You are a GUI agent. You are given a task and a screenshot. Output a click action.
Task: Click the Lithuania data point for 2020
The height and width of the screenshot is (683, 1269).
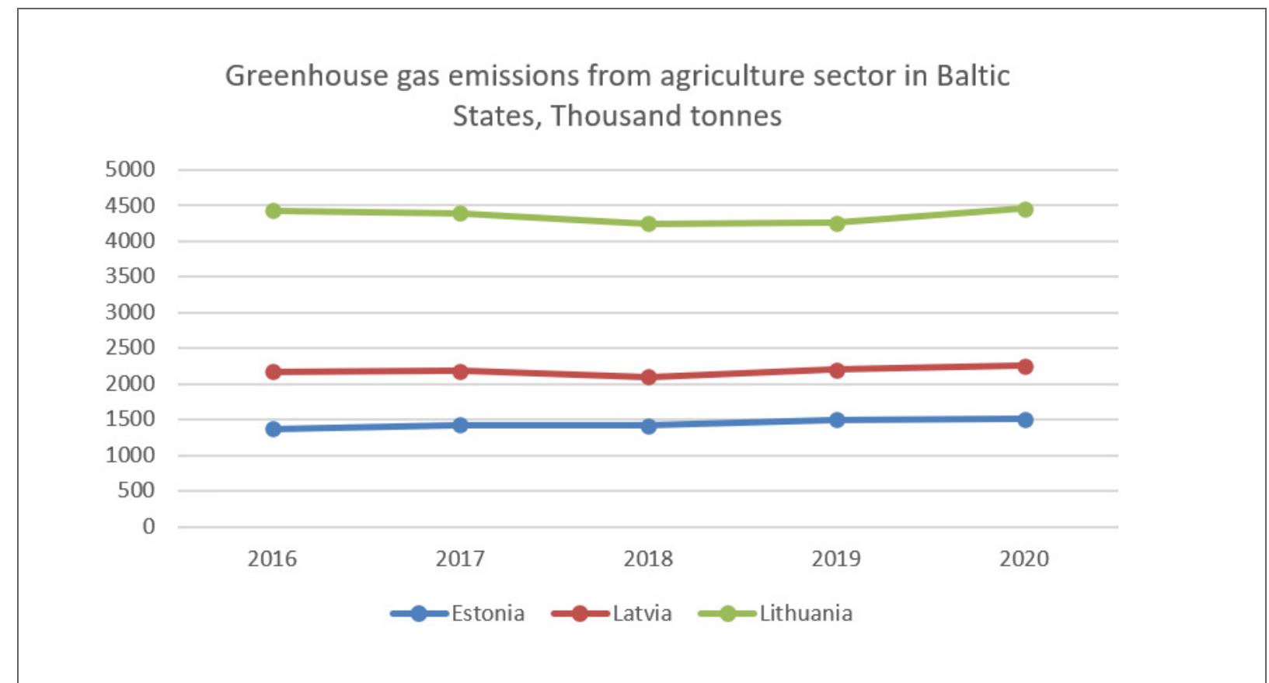[1024, 209]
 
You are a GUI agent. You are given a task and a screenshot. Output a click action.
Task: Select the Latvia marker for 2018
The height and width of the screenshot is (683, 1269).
[648, 378]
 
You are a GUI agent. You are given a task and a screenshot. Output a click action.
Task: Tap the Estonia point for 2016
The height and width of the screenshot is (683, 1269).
[273, 429]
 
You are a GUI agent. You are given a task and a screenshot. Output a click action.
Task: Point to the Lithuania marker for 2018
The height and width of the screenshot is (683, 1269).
[648, 224]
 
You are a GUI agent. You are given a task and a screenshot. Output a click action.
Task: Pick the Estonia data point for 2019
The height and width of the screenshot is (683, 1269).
[836, 420]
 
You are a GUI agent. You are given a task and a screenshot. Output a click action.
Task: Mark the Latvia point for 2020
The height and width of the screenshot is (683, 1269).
[1024, 366]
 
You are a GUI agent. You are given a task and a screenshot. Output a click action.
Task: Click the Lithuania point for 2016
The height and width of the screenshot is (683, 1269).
[273, 211]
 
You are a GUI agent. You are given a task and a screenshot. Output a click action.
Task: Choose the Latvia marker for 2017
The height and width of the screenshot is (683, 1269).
[460, 371]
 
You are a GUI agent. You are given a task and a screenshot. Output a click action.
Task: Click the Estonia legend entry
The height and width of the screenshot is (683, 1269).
[458, 613]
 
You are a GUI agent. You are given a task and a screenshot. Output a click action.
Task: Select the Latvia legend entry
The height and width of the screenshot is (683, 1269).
[612, 613]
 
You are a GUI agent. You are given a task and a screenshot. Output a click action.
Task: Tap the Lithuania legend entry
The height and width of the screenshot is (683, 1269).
[776, 613]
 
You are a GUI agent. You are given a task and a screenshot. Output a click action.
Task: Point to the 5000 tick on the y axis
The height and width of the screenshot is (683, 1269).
[130, 169]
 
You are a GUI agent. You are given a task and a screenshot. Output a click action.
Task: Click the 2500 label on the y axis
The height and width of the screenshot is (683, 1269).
[130, 347]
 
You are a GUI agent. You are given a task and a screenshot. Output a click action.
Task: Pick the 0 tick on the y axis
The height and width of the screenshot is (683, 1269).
[148, 526]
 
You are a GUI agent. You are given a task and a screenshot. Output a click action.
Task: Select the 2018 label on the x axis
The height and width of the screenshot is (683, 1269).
[648, 559]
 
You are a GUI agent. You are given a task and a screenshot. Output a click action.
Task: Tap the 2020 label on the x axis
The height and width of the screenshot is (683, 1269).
[1024, 559]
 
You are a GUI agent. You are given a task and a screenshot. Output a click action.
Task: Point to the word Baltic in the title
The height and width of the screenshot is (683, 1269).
[972, 76]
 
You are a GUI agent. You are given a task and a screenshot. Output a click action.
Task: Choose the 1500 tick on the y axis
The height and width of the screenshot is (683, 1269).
[130, 419]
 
